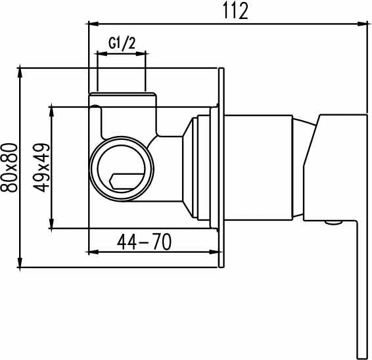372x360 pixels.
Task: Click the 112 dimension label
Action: [235, 11]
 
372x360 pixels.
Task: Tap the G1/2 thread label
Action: [122, 43]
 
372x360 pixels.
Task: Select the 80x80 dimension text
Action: [9, 168]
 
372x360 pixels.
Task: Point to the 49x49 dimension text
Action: [41, 168]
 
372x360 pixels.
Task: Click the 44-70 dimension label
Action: [144, 242]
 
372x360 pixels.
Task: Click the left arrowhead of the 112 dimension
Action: [93, 24]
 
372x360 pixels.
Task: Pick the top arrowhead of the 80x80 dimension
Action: [20, 73]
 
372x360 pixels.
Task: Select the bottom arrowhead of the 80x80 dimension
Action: [20, 262]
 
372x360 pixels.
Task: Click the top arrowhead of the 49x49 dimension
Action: [51, 112]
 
